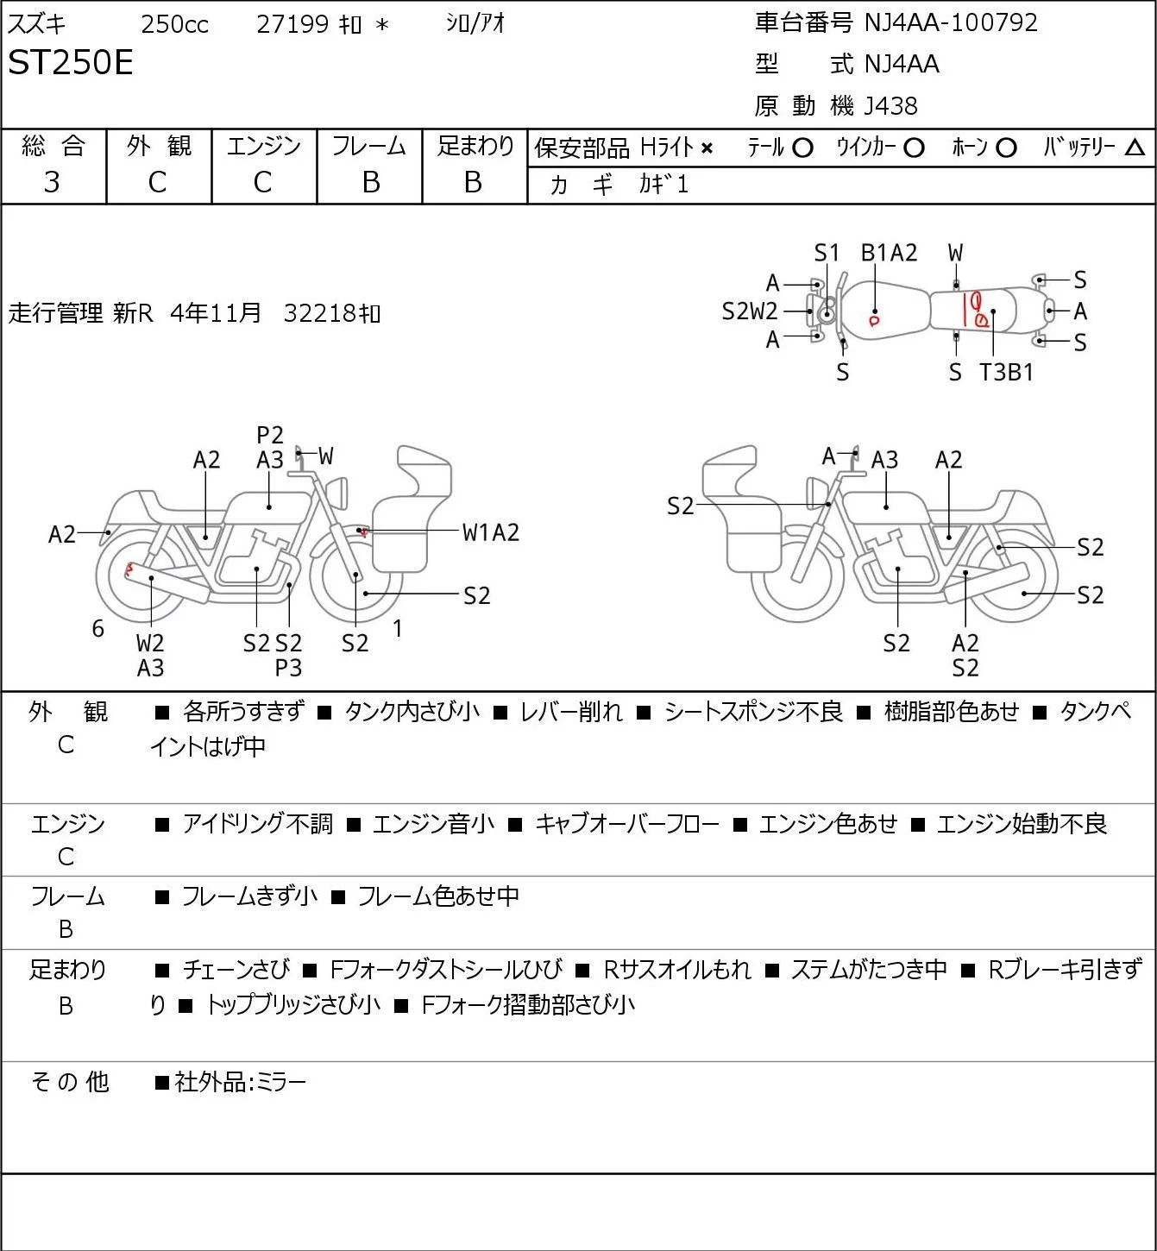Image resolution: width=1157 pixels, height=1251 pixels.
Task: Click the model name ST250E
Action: [x=70, y=62]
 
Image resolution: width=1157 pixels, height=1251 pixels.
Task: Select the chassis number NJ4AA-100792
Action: [x=950, y=22]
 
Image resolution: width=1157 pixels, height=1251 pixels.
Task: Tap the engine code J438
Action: [x=890, y=106]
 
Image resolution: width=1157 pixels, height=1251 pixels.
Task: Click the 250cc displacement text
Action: [x=174, y=24]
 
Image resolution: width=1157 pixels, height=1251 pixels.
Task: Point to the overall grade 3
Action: [x=52, y=182]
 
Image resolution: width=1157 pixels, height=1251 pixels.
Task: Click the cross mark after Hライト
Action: [x=707, y=148]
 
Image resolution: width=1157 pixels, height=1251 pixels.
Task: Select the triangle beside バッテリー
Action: [x=1135, y=148]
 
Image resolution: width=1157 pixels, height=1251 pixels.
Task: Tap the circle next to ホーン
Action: [x=1006, y=148]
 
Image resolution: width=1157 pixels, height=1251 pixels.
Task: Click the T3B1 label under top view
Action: [x=1006, y=372]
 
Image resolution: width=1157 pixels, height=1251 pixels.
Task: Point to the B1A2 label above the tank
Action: [x=889, y=253]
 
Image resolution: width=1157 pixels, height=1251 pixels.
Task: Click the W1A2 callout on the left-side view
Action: [x=491, y=533]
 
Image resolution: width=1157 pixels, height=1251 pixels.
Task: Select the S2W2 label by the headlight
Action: [x=749, y=311]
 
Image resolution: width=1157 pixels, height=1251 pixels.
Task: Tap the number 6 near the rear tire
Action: [x=97, y=628]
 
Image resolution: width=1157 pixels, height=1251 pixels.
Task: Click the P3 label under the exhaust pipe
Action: [x=288, y=668]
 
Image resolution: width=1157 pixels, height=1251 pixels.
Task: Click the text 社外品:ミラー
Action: [x=240, y=1082]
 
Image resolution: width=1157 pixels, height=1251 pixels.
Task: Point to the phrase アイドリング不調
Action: [x=257, y=823]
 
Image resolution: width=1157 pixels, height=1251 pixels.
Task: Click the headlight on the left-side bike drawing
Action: [x=337, y=493]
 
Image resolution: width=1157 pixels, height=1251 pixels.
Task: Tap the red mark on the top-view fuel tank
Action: [x=873, y=321]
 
